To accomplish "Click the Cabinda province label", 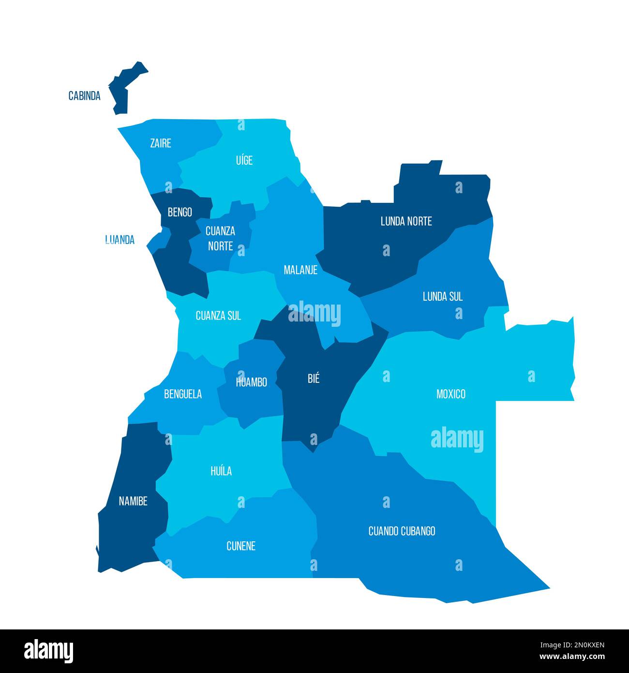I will pos(84,96).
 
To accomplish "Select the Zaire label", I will pos(161,143).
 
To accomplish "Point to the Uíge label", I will pos(244,160).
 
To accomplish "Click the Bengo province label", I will pos(180,212).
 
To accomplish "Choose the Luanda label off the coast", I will pos(120,240).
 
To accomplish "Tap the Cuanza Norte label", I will pos(220,238).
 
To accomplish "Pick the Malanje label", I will pos(300,270).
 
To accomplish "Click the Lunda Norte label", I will pos(406,221).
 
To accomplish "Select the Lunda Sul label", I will pos(442,296).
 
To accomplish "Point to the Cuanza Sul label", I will pos(218,316).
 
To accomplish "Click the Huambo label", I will pos(251,382).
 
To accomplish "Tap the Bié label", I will pos(314,379).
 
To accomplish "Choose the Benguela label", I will pos(183,394).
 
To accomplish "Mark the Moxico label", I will pos(450,394).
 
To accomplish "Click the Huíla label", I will pos(221,471).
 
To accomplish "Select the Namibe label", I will pos(133,501).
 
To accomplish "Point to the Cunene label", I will pos(241,546).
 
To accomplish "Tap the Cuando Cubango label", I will pos(402,531).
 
